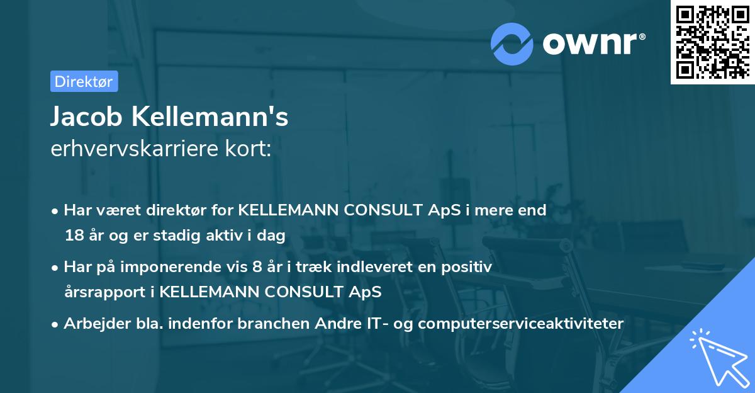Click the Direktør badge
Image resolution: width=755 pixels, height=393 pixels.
point(84,81)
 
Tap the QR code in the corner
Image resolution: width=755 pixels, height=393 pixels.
point(712,42)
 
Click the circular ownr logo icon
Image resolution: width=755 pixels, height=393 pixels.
point(512,43)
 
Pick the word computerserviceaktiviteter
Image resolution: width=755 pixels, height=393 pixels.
point(520,324)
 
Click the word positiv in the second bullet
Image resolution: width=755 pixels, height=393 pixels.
point(468,267)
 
